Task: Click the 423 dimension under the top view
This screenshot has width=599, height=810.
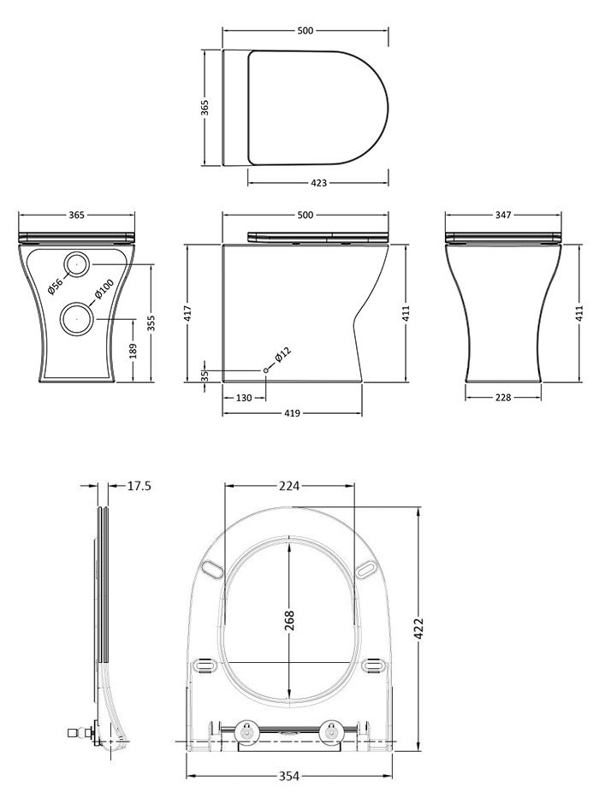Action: [x=317, y=183]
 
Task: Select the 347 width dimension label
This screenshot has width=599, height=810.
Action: [x=505, y=215]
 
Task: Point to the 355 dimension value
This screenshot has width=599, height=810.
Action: [x=151, y=322]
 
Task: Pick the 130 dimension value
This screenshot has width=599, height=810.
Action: [x=245, y=397]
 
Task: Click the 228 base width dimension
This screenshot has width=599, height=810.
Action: [x=503, y=397]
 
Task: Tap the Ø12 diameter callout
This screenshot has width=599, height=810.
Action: [x=283, y=356]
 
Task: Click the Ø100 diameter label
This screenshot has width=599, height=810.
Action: [x=104, y=291]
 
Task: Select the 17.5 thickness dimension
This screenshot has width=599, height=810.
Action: [x=139, y=486]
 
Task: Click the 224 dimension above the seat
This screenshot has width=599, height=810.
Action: [x=288, y=486]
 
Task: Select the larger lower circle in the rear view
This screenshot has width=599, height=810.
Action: [x=78, y=319]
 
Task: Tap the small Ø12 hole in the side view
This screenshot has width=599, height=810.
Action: [x=265, y=369]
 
